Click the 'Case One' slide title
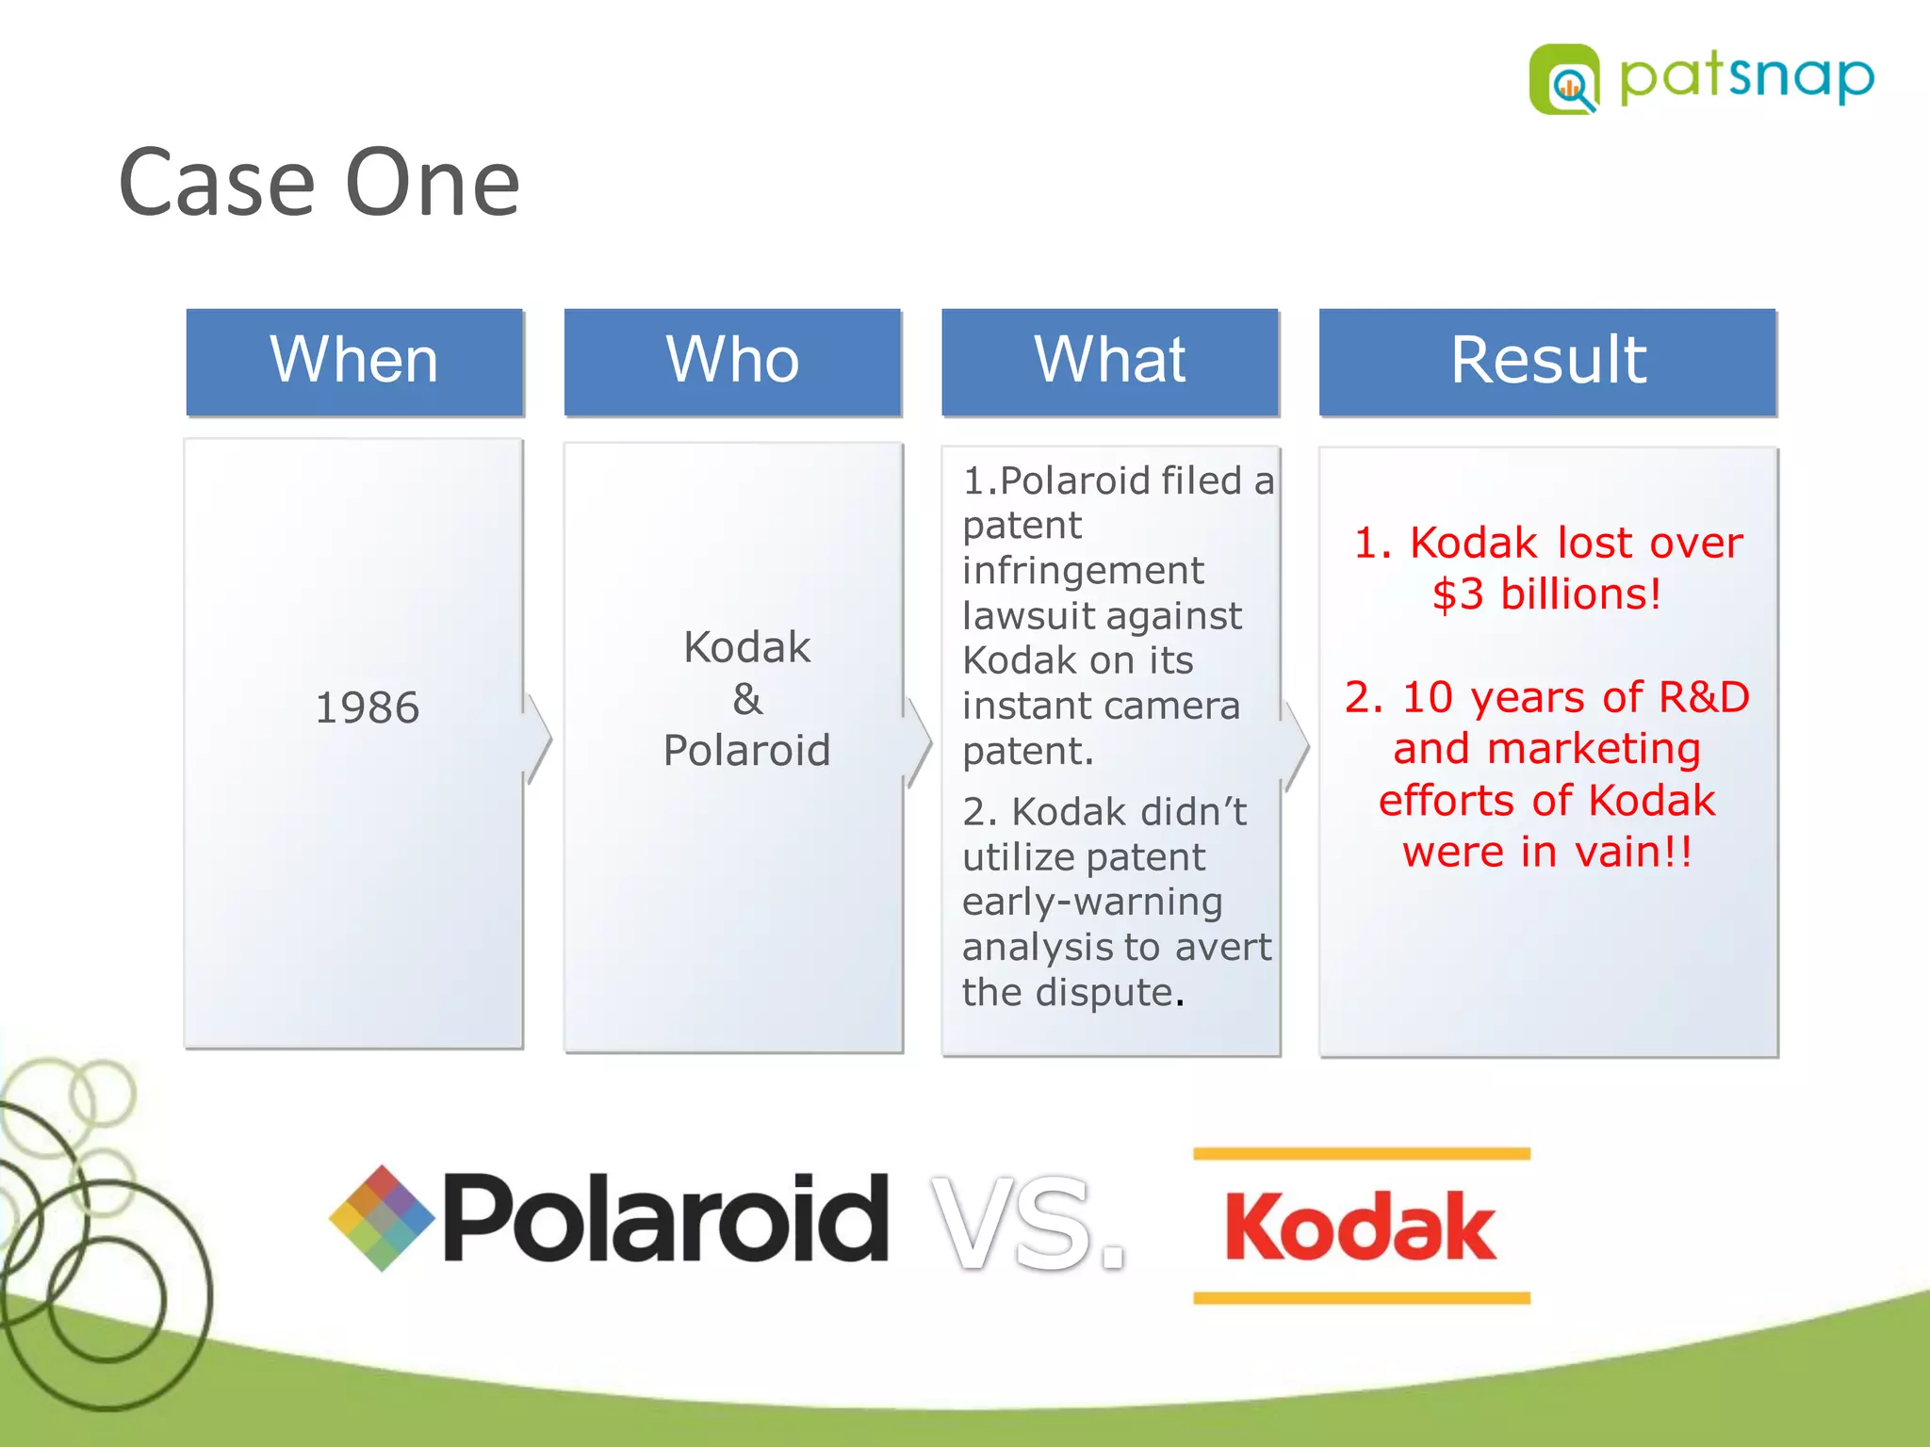pos(319,183)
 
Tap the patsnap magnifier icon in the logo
pos(1564,81)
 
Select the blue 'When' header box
pos(354,361)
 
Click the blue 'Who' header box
pos(732,361)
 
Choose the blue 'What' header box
pos(1109,361)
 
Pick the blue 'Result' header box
pos(1547,361)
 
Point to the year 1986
pos(367,707)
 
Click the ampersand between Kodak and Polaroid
pos(746,699)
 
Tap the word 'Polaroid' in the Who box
pos(746,751)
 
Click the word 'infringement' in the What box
pos(1082,570)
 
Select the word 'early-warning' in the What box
pos(1091,902)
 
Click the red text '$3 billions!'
pos(1546,594)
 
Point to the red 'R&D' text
pos(1703,697)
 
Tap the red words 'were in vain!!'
pos(1546,852)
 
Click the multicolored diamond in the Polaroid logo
pos(382,1217)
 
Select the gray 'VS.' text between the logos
pos(1027,1223)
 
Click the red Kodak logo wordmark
pos(1359,1226)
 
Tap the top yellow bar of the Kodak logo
pos(1361,1153)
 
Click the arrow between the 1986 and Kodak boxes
pos(538,740)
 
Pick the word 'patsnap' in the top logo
pos(1746,77)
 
